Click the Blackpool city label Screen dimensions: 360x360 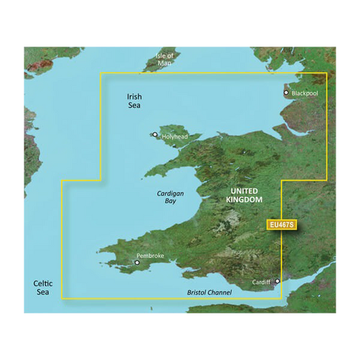(x=305, y=93)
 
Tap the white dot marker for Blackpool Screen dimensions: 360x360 (x=286, y=93)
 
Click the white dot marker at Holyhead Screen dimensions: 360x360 (x=155, y=134)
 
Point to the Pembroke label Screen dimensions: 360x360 (x=150, y=255)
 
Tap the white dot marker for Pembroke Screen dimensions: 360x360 (x=137, y=263)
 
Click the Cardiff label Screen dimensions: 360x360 (x=261, y=282)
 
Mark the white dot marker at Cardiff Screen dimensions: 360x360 (x=277, y=281)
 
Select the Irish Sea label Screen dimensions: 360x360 (x=135, y=101)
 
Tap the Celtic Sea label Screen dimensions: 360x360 (x=43, y=287)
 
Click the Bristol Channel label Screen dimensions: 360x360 (x=209, y=292)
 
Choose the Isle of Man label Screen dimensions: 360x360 (x=164, y=59)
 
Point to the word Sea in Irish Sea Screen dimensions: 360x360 (x=135, y=106)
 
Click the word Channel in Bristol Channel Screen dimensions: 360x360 (x=220, y=292)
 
